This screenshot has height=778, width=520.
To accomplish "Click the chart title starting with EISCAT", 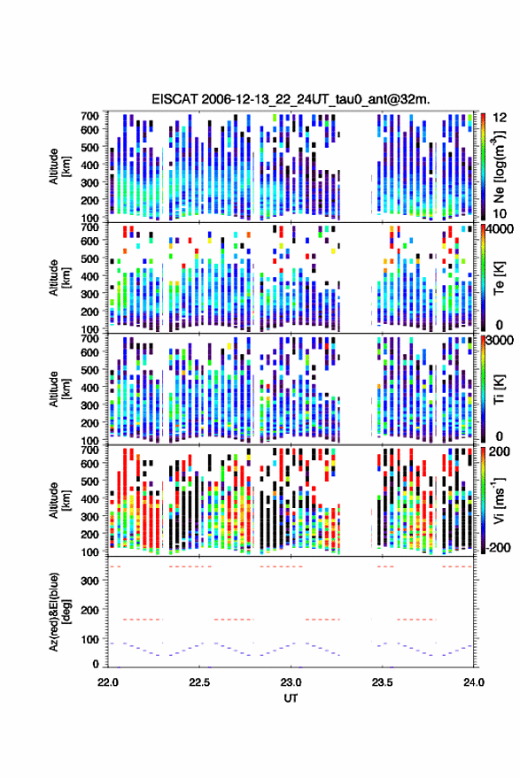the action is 291,99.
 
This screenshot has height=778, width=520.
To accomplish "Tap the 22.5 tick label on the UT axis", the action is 198,682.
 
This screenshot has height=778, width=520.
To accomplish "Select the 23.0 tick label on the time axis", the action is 291,682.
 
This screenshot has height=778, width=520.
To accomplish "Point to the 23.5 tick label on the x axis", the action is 382,682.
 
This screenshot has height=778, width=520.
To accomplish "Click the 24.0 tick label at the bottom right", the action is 474,682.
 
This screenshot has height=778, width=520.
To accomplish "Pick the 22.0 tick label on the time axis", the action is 108,682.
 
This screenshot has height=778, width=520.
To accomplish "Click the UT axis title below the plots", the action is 291,698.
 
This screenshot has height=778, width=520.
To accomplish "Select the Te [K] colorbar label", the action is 499,278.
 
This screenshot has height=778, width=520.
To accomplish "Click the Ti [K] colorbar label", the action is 499,389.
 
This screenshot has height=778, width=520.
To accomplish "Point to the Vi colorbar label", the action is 499,500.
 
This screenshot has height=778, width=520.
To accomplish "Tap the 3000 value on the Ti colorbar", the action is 501,341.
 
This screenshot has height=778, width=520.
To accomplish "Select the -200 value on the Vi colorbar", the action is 498,548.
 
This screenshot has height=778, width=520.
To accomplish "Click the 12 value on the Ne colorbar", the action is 500,118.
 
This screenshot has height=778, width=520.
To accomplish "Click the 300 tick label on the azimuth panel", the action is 89,581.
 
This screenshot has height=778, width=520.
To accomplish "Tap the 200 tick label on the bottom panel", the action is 89,610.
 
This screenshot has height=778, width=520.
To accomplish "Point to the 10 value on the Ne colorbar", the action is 500,214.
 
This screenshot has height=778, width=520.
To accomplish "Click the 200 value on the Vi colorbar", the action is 499,451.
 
